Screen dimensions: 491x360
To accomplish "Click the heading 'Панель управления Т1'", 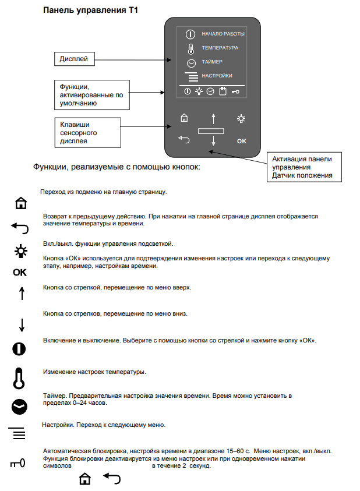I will click(x=91, y=10).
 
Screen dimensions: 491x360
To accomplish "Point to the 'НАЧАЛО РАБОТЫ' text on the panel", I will click(x=223, y=34).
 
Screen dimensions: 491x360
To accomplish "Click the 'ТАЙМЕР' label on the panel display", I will click(x=212, y=62).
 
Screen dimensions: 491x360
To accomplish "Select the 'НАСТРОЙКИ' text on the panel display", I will click(x=217, y=76).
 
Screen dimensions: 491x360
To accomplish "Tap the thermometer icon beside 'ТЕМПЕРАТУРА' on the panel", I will click(x=190, y=48).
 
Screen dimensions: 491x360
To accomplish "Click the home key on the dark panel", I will click(x=184, y=118).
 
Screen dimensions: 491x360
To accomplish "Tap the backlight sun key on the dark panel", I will click(x=241, y=118).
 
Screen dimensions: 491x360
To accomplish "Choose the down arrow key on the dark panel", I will click(x=213, y=140).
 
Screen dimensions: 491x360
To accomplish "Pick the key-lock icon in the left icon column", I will click(x=20, y=464).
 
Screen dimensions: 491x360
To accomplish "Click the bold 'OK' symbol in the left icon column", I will click(x=20, y=272).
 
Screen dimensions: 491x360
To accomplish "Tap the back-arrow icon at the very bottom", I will click(x=111, y=479).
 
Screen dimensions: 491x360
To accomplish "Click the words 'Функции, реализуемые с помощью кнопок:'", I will click(x=117, y=167).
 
